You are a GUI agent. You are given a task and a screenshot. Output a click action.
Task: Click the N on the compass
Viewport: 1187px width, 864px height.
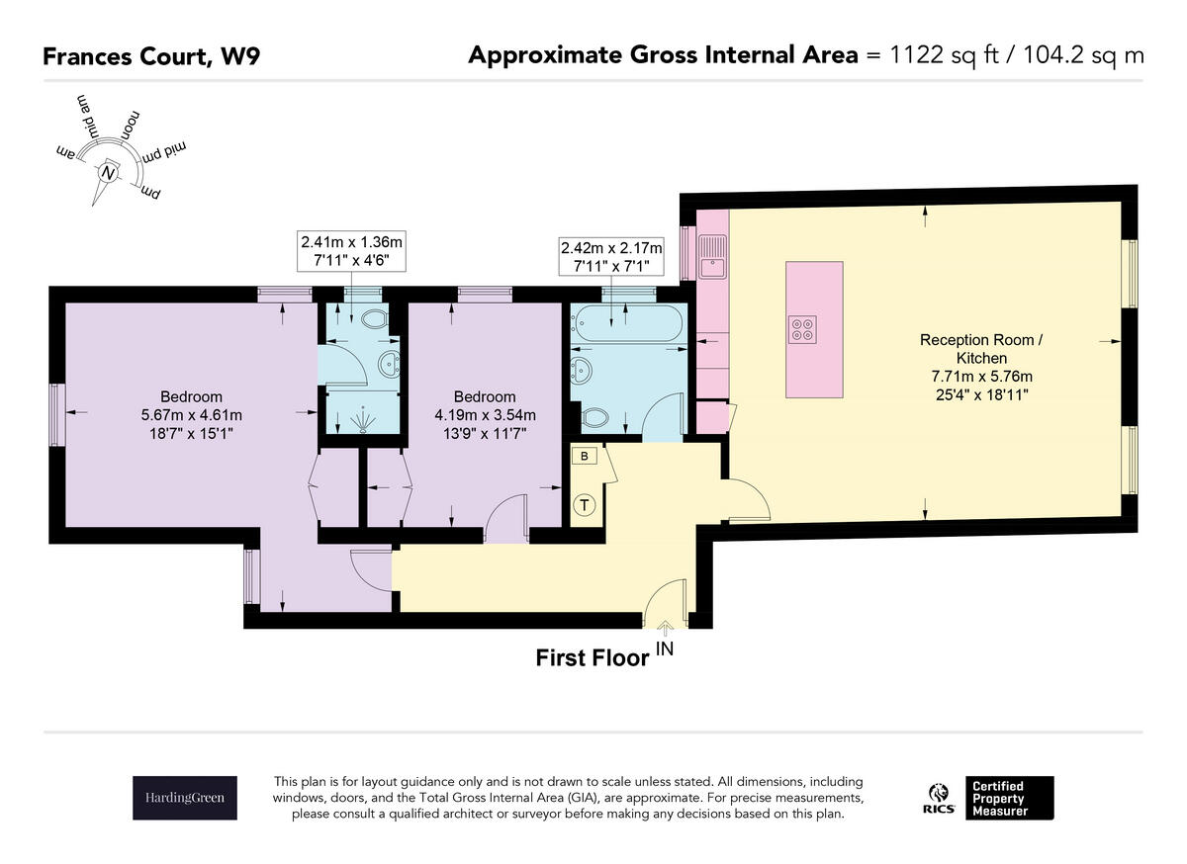tap(109, 173)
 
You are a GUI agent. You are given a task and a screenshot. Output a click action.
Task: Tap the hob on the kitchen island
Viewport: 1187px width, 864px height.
tap(802, 329)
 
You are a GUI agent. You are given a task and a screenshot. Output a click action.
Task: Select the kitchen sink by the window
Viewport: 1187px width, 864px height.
tap(712, 256)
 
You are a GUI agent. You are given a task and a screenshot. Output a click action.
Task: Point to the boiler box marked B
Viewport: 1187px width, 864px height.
tap(584, 456)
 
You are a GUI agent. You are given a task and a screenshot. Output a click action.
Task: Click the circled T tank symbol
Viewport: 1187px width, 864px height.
tap(584, 504)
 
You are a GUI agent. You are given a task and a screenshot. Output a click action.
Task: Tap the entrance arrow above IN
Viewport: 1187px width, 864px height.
tap(666, 629)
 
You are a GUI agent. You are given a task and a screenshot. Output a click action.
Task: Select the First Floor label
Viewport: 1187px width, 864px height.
tap(592, 658)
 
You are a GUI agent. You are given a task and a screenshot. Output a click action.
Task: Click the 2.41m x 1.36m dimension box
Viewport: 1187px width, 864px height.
tap(351, 251)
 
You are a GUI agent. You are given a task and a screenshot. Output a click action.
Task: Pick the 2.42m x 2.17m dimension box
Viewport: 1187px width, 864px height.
tap(611, 256)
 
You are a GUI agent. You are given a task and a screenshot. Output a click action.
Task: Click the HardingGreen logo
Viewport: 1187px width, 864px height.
tap(184, 798)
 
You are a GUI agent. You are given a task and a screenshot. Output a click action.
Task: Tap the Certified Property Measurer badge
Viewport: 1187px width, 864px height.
tap(1009, 798)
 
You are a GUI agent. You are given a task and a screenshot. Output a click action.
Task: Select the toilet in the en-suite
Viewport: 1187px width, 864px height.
tap(375, 319)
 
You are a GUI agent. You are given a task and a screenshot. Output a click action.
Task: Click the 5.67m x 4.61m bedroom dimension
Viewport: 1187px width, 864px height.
tap(191, 415)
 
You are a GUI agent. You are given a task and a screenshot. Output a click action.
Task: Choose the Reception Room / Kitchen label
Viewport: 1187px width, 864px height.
tap(981, 349)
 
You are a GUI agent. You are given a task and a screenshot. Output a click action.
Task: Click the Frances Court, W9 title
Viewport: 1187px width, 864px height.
tap(151, 56)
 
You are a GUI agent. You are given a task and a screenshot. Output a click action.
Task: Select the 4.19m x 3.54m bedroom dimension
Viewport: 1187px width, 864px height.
tap(485, 415)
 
